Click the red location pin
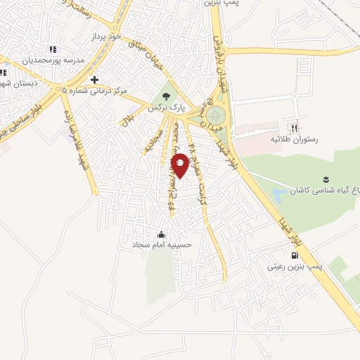point(180,165)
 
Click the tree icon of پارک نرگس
point(166,97)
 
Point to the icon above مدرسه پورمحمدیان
point(51,49)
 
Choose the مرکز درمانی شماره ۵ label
point(94,91)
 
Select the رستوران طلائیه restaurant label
point(295,139)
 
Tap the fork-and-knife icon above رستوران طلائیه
point(295,128)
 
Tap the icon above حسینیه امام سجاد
point(162,234)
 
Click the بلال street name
point(127,120)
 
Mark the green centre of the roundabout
point(217,115)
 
